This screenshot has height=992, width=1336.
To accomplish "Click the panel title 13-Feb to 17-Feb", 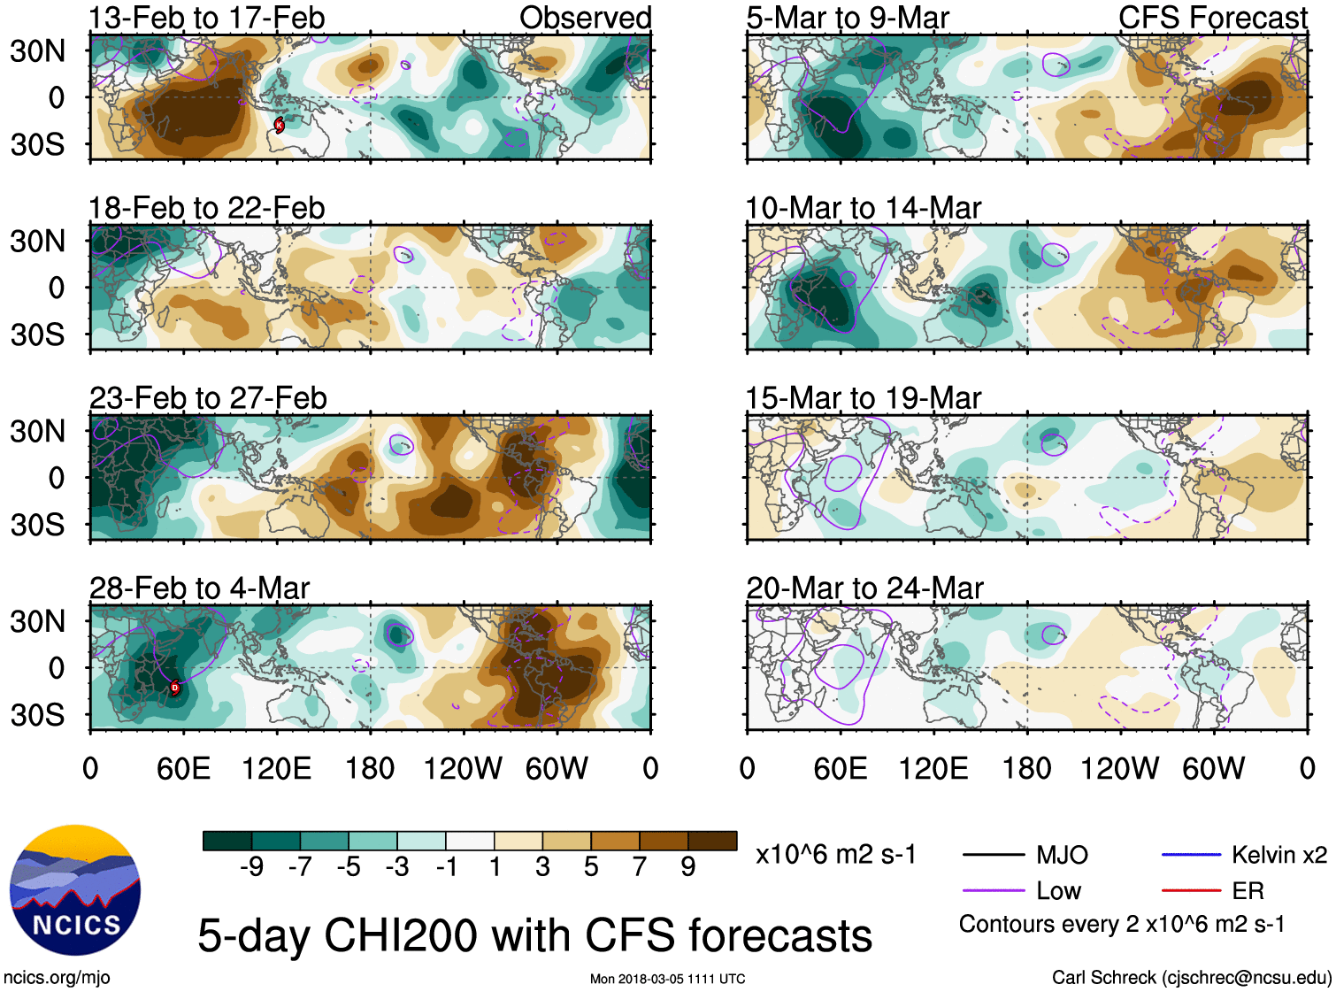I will (x=206, y=18).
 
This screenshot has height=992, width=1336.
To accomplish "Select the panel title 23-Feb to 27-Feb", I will (x=208, y=398).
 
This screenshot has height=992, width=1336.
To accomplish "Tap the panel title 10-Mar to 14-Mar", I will (x=863, y=208).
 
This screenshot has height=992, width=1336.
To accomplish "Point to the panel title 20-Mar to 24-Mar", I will (x=864, y=588).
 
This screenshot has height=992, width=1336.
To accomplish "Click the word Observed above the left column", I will (x=585, y=18).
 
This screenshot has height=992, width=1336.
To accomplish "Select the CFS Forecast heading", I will (x=1212, y=18).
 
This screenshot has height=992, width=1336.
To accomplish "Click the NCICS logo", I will (x=74, y=890).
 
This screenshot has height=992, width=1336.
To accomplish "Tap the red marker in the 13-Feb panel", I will (x=280, y=125).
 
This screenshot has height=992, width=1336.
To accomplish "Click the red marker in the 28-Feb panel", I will (x=174, y=688).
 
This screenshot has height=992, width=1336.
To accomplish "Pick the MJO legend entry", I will (x=1062, y=855).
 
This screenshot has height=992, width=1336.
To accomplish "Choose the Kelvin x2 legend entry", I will (x=1278, y=855).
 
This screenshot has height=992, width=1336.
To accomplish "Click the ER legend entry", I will (x=1248, y=891).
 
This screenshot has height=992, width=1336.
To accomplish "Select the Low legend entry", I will (x=1058, y=891).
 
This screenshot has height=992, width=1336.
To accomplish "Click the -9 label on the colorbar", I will (x=251, y=867).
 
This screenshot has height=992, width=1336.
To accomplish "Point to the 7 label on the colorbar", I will (x=640, y=867).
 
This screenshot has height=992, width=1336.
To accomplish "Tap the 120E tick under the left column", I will (x=277, y=768).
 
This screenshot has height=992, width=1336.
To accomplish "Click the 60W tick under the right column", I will (x=1213, y=768).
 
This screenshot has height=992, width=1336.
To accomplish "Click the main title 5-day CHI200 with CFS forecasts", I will (x=534, y=936).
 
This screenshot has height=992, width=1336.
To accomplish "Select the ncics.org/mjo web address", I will (x=57, y=978).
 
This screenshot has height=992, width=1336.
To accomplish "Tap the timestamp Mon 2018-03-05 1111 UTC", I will (x=667, y=979).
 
